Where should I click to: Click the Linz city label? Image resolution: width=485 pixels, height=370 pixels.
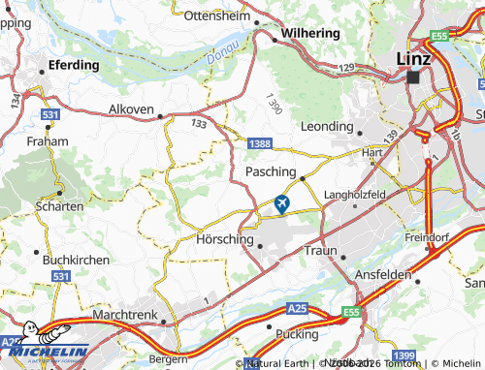click(x=414, y=59)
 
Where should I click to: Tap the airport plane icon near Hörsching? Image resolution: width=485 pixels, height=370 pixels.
click(x=282, y=203)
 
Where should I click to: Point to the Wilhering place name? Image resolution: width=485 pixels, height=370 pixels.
click(x=309, y=32)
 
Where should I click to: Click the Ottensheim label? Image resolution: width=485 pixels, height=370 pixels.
click(x=217, y=16)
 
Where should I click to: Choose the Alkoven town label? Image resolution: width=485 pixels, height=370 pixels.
click(x=131, y=109)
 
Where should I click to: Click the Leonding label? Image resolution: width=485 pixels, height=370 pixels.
click(x=328, y=126)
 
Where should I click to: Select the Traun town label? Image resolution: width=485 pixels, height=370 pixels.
click(x=320, y=250)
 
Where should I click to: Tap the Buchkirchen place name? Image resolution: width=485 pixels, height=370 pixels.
click(x=71, y=261)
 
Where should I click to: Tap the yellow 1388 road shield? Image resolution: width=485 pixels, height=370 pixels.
click(x=259, y=143)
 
